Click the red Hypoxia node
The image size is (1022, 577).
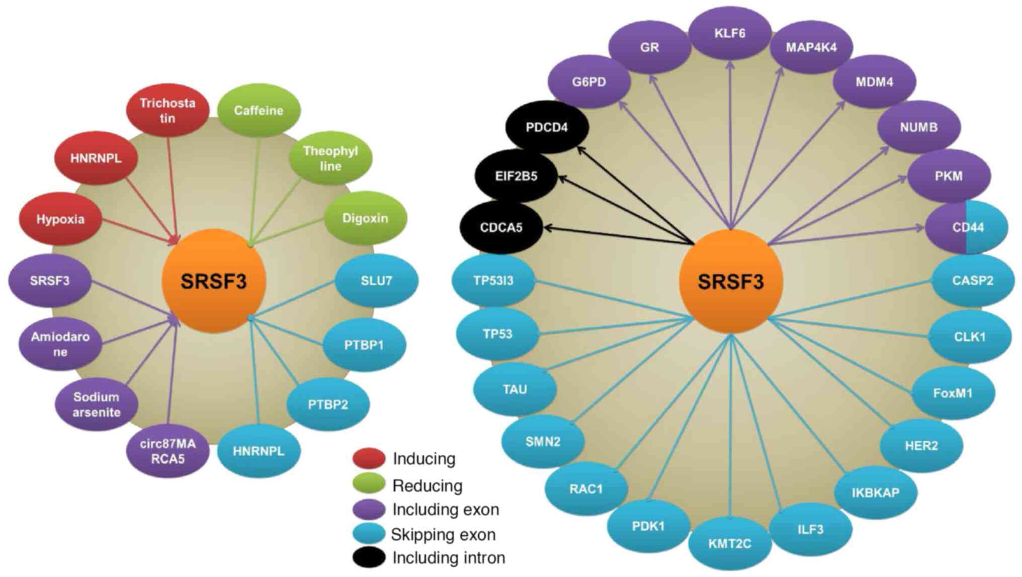point(60,219)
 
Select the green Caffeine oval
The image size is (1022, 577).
point(259,110)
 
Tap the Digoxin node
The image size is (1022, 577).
point(365,218)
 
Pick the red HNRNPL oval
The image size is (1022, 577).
point(96,158)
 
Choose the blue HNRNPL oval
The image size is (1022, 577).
point(259,451)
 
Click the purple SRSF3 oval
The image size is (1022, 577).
point(49,281)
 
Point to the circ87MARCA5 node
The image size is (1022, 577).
point(167,451)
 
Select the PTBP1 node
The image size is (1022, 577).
point(364,345)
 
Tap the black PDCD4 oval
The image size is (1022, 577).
point(546,127)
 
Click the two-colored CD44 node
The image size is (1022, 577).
point(967,227)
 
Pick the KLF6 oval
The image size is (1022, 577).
point(729,33)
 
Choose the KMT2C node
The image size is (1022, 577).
point(729,544)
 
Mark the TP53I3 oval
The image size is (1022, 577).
point(493,281)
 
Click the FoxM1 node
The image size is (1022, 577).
point(953,393)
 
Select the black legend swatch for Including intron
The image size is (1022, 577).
point(369,557)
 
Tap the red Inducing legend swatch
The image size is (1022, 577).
point(369,458)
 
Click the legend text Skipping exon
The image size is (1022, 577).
point(443,534)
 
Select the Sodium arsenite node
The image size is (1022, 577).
point(96,404)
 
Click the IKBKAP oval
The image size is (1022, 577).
point(875,492)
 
